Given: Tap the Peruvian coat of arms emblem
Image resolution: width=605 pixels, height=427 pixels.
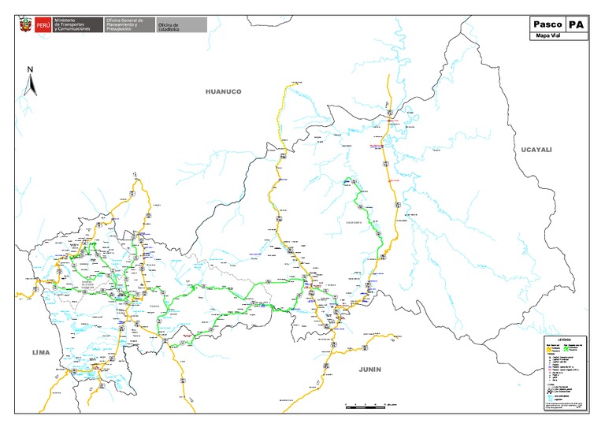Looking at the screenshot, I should [25, 26].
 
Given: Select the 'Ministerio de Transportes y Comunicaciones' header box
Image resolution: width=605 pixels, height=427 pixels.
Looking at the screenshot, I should [77, 26].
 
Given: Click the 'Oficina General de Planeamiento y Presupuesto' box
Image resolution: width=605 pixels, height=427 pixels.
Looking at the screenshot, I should [129, 26].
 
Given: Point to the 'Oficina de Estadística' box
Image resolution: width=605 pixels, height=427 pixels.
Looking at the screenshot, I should [182, 26].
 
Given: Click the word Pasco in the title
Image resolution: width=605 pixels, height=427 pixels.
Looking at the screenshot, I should [547, 24].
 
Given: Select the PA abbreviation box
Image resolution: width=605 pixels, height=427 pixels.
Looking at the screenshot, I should [577, 24].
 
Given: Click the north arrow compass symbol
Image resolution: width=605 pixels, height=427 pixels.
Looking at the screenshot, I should [30, 82].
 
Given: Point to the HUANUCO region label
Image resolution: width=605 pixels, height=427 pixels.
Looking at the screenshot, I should [223, 91].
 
